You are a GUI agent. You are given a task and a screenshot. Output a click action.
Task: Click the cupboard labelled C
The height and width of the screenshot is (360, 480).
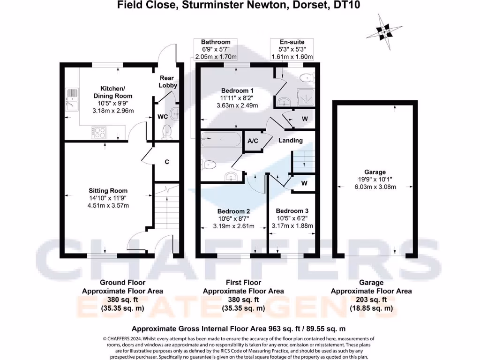(167, 162)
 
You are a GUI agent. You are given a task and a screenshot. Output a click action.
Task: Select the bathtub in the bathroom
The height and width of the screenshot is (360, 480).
(220, 139)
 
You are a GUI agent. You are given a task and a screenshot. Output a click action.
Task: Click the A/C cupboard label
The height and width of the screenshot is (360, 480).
(253, 141)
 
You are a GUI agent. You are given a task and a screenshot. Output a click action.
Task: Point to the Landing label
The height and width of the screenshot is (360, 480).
(291, 140)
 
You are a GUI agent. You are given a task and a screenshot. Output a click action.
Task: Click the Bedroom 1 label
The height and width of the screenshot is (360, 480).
(238, 90)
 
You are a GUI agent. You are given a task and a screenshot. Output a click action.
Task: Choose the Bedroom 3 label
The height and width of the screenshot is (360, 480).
(292, 211)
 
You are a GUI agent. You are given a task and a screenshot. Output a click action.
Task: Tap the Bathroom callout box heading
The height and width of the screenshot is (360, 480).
(216, 42)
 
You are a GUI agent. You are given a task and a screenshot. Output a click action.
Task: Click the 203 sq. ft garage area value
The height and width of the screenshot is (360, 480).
(371, 300)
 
